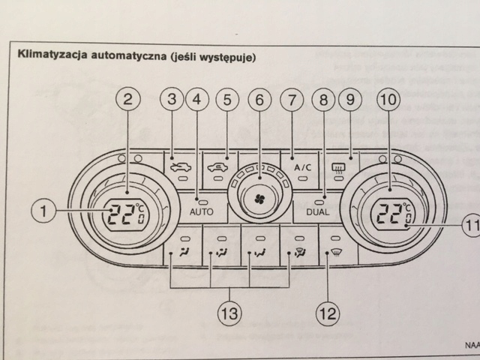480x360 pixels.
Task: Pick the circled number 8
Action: pos(325,98)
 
